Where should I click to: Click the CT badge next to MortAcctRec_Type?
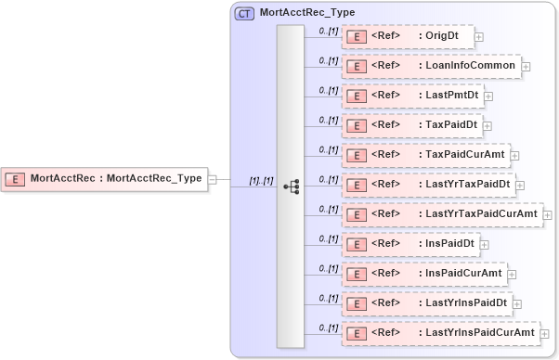click(245, 13)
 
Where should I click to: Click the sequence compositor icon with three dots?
click(291, 186)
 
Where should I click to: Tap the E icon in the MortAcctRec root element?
click(15, 178)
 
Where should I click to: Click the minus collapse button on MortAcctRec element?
click(213, 178)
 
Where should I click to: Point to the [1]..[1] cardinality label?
click(261, 179)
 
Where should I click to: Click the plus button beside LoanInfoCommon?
click(526, 67)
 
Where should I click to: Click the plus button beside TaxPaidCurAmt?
click(514, 156)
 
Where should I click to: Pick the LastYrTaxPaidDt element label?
click(467, 185)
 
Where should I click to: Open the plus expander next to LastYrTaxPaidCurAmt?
click(548, 215)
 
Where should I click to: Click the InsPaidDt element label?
click(448, 244)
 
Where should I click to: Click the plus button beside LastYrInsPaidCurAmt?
click(546, 333)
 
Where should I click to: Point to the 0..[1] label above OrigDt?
click(328, 31)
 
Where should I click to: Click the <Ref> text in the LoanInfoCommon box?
click(385, 66)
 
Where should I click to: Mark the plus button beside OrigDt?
click(479, 37)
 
